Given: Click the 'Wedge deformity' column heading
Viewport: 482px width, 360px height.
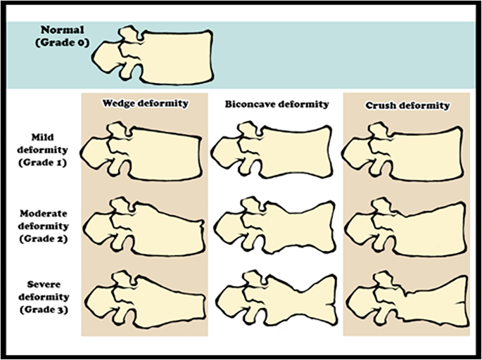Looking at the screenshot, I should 146,103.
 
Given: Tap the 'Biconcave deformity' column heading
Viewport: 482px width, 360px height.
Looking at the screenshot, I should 277,105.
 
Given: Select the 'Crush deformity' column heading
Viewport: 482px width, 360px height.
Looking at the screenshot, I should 407,105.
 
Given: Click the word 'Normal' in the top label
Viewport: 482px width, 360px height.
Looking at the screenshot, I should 62,30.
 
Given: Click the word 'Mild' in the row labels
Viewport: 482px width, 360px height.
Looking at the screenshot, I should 48,138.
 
